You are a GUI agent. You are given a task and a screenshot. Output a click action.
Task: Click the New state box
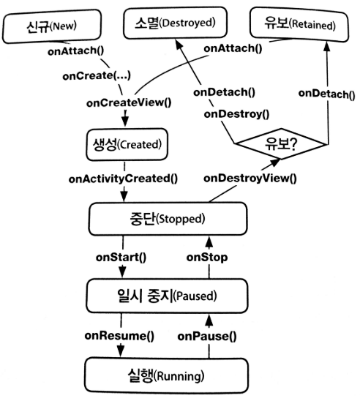point(52,26)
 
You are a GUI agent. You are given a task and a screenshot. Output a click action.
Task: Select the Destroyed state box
point(175,23)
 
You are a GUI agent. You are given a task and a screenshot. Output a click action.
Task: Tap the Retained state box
point(299,25)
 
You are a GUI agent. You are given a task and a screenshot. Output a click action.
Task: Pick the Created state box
point(127,145)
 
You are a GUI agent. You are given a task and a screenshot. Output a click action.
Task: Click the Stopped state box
point(168,219)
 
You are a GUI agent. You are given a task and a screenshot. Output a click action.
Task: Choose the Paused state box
point(168,296)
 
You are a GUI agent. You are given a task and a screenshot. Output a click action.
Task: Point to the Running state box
point(166,375)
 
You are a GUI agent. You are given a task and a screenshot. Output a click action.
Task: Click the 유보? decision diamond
point(281,144)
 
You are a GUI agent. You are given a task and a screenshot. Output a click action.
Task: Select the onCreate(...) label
point(97,76)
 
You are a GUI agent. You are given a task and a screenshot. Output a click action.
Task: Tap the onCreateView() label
point(129,102)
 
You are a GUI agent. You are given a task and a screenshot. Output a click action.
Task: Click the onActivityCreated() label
point(123,179)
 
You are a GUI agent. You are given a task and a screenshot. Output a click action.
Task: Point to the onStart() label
point(121,258)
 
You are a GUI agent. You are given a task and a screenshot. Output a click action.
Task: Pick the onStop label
point(207,258)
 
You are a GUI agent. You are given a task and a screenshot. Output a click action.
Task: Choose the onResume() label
point(119,336)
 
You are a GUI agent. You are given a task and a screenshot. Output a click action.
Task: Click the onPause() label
point(207,337)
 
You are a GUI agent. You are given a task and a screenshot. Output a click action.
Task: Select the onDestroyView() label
point(250,179)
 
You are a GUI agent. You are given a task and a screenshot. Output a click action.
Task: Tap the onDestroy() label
point(236,114)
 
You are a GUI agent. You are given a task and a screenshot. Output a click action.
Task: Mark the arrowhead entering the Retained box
point(327,46)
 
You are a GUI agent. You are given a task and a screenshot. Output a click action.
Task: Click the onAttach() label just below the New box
point(76,51)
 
